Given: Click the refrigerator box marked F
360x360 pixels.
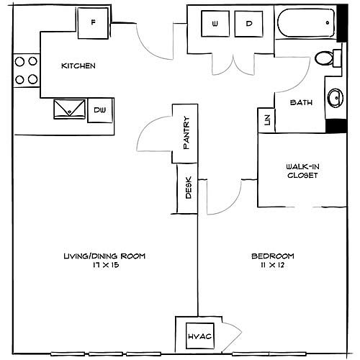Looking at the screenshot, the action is (93, 23).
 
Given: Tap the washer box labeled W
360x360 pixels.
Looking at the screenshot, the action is (215, 24).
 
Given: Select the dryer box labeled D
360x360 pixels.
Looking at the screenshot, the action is (249, 24).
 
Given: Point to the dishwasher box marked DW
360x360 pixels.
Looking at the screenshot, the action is (100, 110).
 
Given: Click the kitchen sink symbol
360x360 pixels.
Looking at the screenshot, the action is (69, 109).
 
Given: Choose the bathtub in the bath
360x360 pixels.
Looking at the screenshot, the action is (306, 23).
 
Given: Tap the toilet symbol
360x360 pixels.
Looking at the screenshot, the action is (328, 58).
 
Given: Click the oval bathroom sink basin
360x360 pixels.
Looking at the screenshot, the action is (336, 98).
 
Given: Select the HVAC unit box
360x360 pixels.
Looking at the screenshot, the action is (200, 336).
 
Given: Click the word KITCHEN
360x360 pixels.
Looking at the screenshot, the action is (78, 66).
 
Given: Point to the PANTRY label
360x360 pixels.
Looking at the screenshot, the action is (186, 132).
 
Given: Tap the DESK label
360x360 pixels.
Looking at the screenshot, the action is (189, 187).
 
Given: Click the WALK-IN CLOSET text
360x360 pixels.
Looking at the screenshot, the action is (302, 171).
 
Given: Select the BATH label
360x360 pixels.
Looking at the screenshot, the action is (301, 102).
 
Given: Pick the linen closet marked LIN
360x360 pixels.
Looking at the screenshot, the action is (266, 120).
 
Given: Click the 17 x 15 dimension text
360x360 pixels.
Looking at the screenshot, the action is (106, 265).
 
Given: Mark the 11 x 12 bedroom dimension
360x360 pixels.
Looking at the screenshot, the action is (272, 265).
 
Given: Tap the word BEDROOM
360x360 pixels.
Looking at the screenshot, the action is (273, 256).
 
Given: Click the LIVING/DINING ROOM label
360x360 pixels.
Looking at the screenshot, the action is (104, 256).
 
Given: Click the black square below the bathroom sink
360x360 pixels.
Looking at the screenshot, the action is (336, 126).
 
